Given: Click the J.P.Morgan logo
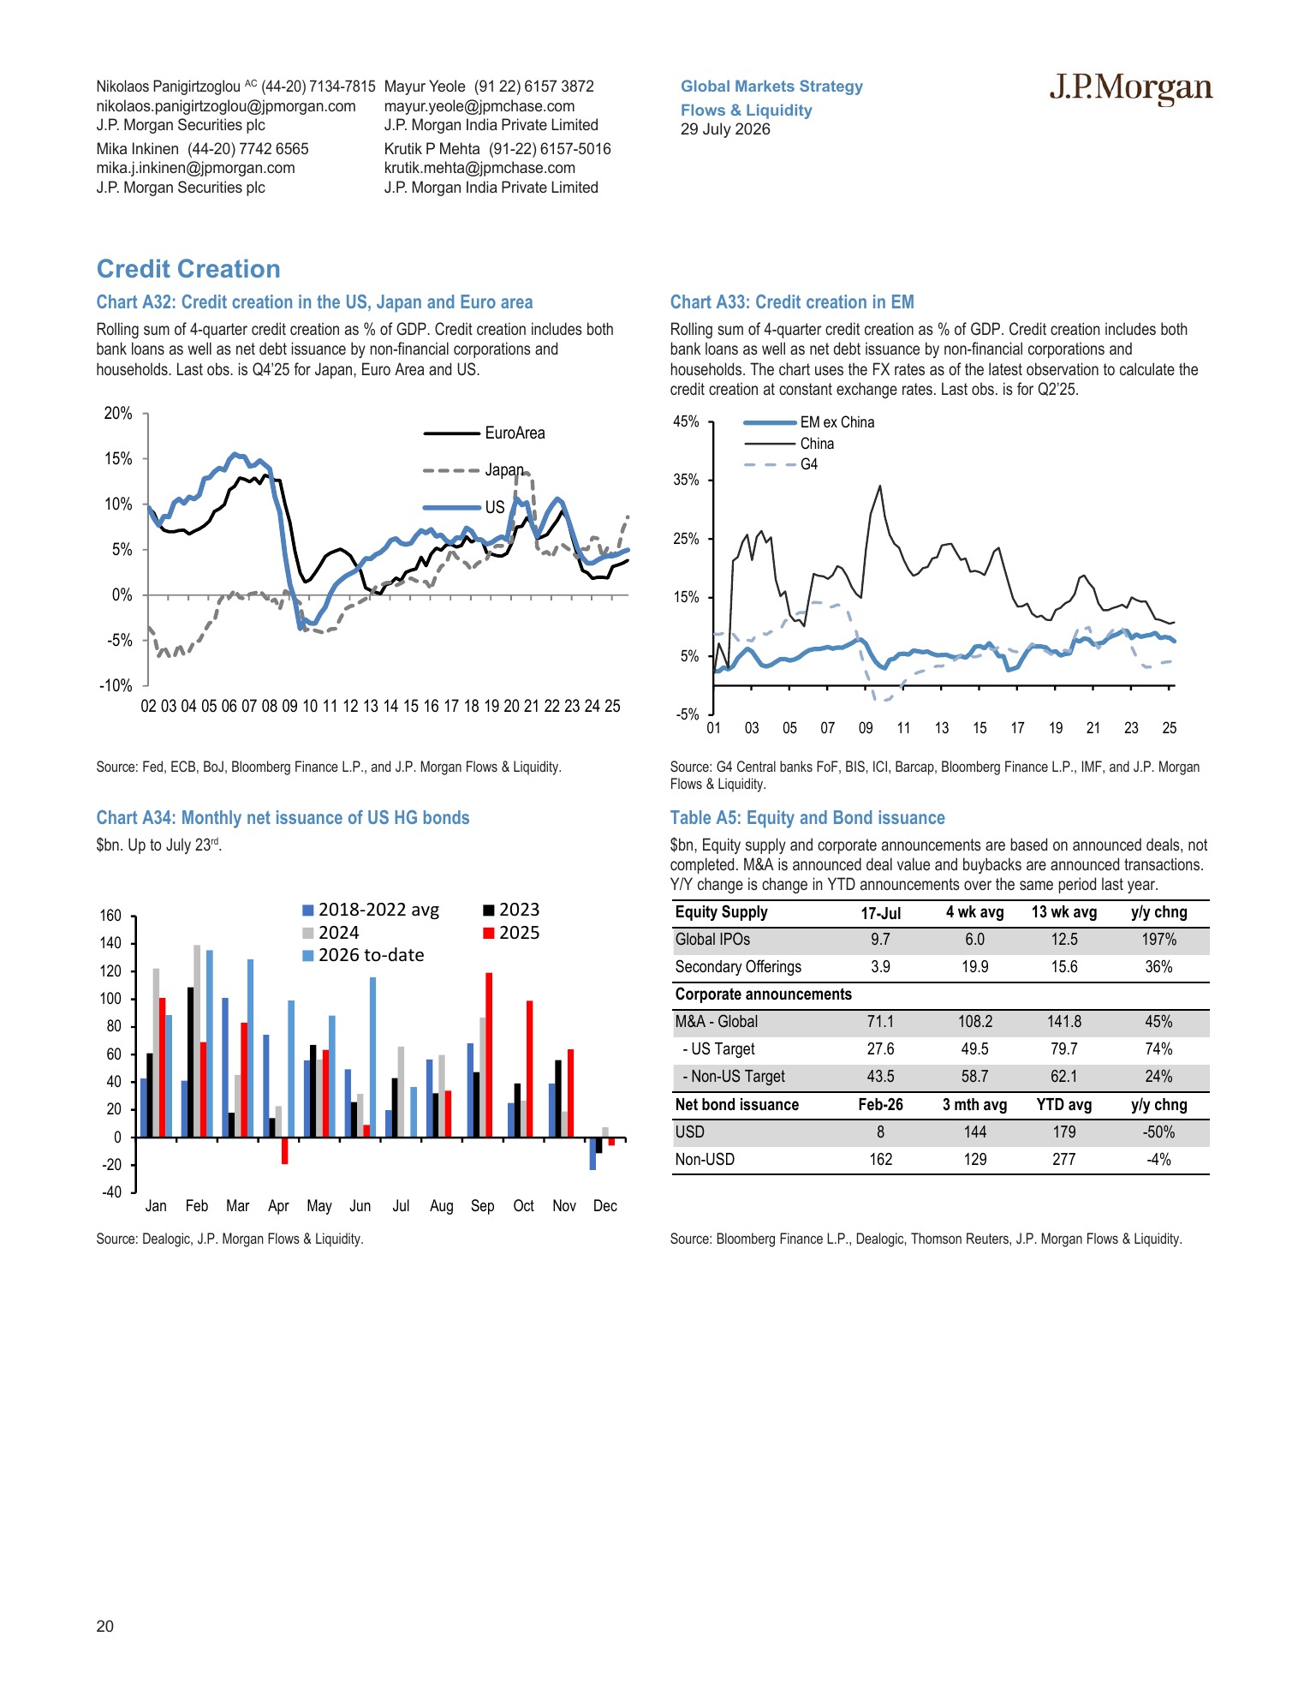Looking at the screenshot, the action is (x=1130, y=88).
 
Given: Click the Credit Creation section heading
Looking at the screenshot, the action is (x=188, y=269).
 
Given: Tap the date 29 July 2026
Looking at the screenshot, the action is (x=725, y=129).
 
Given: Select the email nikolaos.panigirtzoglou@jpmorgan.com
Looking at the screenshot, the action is (x=226, y=106).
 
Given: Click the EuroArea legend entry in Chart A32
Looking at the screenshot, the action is (x=485, y=433).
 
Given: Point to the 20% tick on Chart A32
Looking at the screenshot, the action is (x=118, y=414).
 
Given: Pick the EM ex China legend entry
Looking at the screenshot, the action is (x=809, y=422).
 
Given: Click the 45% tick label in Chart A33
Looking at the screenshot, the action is (x=686, y=421).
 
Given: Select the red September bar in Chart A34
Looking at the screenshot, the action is (x=489, y=1055).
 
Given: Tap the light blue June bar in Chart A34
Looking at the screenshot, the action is (x=372, y=1057).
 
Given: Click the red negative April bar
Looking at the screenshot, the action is (x=284, y=1150).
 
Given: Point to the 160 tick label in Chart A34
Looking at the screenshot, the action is (x=110, y=916).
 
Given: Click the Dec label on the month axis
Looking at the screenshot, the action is (x=604, y=1206).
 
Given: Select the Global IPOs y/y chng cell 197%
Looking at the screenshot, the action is (x=1159, y=940).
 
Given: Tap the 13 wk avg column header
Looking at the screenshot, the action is (x=1064, y=912).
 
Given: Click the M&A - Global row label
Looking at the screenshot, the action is (x=717, y=1022).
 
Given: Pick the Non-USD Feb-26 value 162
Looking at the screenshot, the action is (x=880, y=1160).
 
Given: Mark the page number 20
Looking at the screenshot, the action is (x=104, y=1627).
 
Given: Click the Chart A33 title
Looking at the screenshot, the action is (x=792, y=302).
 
